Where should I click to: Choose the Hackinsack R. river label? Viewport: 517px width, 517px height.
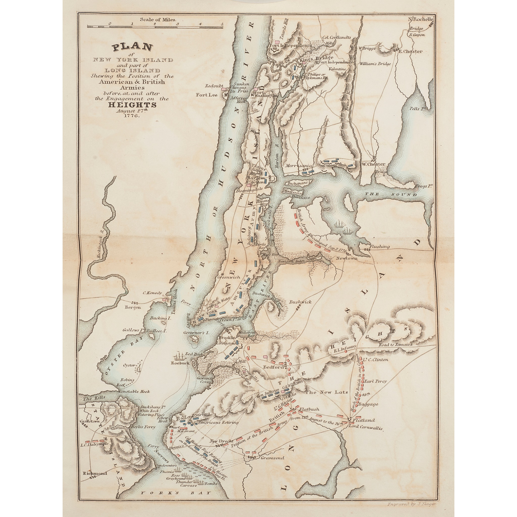(100, 245)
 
